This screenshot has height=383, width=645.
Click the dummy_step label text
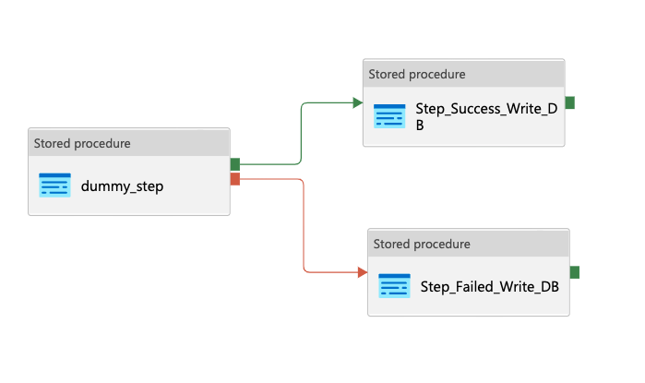pos(123,186)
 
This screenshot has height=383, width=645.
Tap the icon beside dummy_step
pos(54,185)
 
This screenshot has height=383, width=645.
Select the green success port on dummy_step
pos(235,164)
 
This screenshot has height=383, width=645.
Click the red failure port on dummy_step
pos(235,178)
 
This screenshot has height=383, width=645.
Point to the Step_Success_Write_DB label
pos(486,117)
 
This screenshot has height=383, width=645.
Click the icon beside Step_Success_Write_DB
pos(389,116)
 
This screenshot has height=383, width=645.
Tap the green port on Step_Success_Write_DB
pos(569,102)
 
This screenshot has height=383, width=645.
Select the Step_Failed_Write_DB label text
pos(489,286)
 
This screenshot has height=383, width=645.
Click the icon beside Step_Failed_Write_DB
pos(394,286)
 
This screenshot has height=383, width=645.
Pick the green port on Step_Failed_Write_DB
pos(574,272)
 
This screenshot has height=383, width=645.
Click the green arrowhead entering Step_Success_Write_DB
pos(358,102)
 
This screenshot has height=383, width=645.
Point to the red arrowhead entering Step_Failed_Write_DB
pos(363,272)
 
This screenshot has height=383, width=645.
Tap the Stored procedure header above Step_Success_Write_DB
pos(417,74)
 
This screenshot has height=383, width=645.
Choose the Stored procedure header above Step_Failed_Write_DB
pos(422,244)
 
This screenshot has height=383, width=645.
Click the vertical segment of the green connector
pos(303,134)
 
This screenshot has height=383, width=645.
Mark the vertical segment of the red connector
pos(304,226)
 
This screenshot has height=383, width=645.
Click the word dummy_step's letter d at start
pos(86,186)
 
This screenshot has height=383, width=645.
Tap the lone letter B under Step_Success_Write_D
pos(420,126)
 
